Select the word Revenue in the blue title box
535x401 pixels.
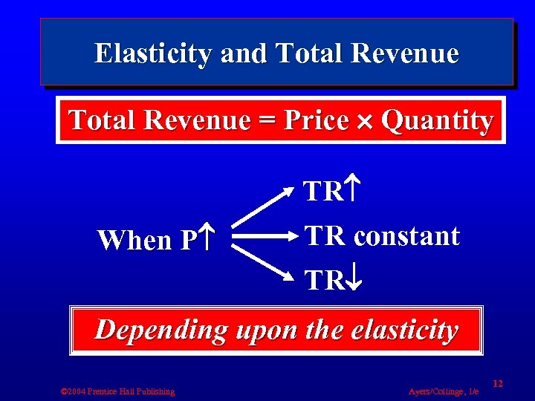pos(406,53)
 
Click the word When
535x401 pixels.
pos(134,240)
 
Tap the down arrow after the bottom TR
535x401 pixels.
pos(354,281)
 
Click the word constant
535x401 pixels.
pos(407,236)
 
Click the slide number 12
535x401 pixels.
pos(498,383)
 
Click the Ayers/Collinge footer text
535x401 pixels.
pos(444,391)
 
